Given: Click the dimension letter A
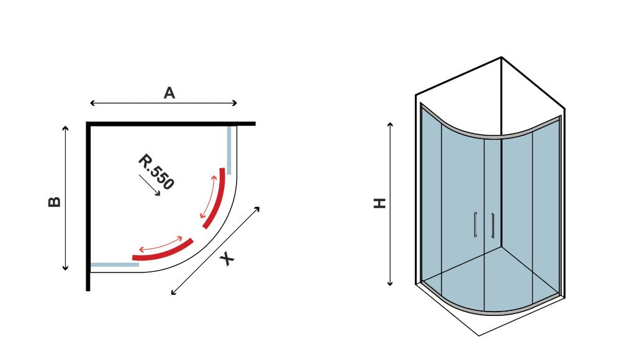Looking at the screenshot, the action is point(169,93).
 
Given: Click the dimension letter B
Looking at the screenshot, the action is point(54,202).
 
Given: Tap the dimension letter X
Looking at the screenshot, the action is point(227,258).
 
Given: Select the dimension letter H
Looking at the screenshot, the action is point(379,203).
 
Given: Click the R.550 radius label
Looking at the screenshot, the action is point(156,172).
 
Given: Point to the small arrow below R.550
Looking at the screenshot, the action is point(150,185).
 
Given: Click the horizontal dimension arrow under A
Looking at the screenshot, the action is point(163,103).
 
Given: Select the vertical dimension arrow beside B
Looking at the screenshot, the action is point(65,198).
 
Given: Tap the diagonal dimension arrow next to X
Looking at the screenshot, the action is point(216,251).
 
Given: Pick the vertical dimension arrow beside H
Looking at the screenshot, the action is point(390,204).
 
